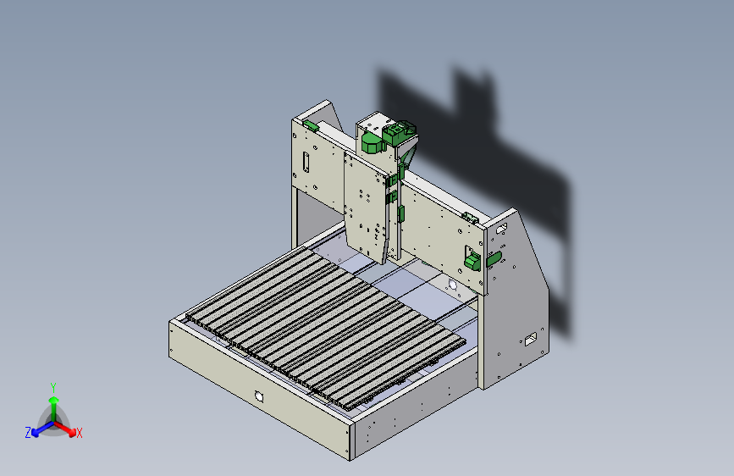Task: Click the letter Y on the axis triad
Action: (53, 388)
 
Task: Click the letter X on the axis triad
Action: (79, 433)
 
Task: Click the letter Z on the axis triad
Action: (28, 433)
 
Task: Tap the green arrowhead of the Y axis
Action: (54, 401)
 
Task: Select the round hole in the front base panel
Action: (259, 396)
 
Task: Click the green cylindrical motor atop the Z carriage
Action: (373, 143)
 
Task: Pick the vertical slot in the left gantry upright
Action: (306, 162)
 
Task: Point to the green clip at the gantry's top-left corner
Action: (311, 125)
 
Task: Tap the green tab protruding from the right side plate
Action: (494, 258)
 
